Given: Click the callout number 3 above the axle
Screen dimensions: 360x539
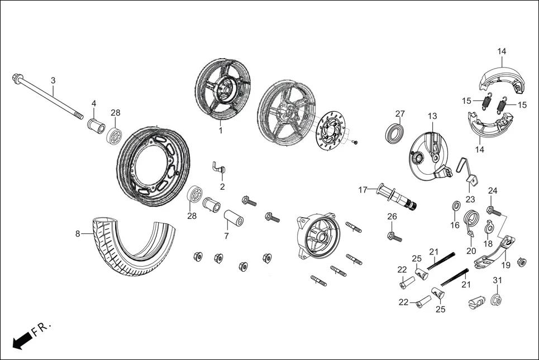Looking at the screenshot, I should tap(53, 81).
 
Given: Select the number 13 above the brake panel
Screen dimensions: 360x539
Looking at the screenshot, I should tap(432, 116).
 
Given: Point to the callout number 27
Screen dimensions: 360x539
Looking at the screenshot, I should tap(400, 114).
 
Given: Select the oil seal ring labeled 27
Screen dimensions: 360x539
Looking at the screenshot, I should tap(397, 134).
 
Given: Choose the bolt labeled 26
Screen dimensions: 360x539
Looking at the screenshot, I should tap(394, 236).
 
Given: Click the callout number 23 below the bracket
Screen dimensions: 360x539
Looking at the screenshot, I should tap(470, 199).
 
